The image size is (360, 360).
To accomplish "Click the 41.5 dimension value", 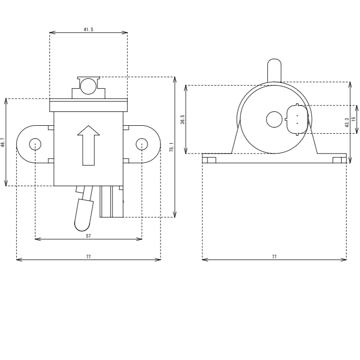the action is click(89, 29).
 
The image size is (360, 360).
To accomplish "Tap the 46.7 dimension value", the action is click(2, 142).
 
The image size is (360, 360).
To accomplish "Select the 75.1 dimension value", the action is click(171, 147).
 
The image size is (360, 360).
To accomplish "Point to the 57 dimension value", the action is click(89, 236).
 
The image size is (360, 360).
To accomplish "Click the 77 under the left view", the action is click(89, 257).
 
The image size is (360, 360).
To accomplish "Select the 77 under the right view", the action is click(274, 257).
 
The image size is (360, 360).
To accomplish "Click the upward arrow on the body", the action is click(89, 145).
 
